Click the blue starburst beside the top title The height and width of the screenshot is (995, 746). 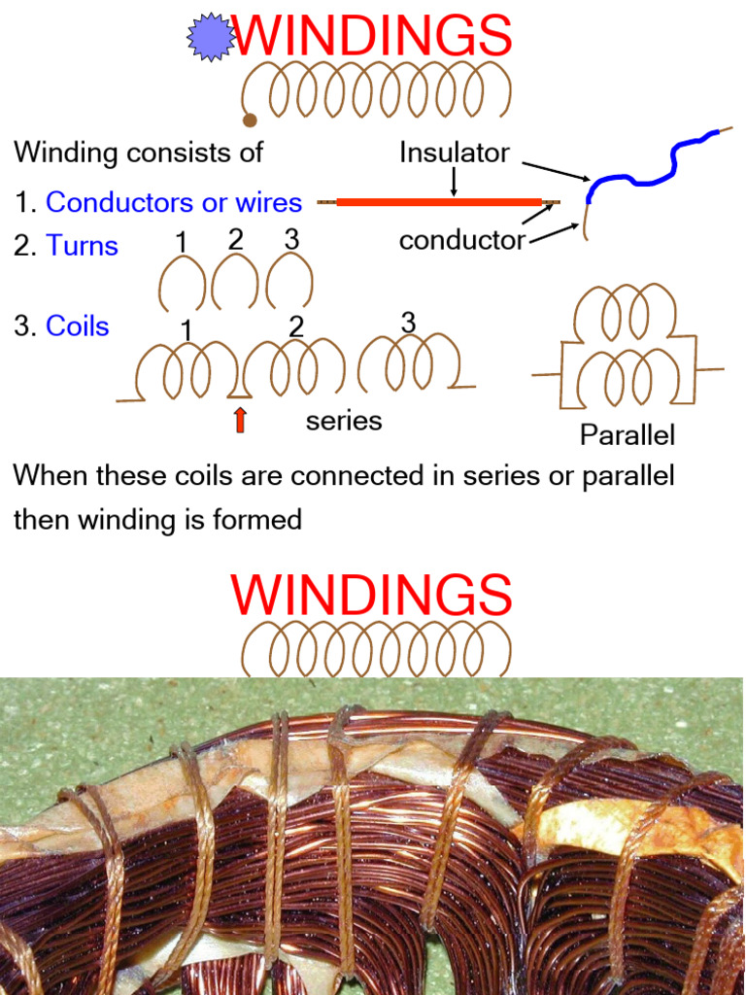[212, 38]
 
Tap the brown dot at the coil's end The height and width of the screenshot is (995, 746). [250, 120]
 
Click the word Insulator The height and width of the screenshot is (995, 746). [454, 153]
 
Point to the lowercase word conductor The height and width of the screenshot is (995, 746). [461, 240]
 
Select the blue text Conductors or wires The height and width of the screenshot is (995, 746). [174, 203]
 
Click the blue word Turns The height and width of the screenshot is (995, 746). [82, 246]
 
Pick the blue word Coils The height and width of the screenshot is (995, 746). [78, 326]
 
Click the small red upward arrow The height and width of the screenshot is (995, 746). [240, 420]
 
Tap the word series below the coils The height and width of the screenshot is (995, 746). [344, 421]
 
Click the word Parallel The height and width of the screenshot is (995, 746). [627, 434]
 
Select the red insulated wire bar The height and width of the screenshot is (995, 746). [438, 202]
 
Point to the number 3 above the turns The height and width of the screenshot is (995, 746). [292, 238]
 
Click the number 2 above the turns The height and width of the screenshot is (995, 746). [235, 239]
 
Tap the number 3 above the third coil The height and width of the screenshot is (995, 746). [408, 323]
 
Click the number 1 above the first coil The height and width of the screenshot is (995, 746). [186, 331]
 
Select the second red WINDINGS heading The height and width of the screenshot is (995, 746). [371, 594]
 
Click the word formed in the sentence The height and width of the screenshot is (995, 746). [257, 520]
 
